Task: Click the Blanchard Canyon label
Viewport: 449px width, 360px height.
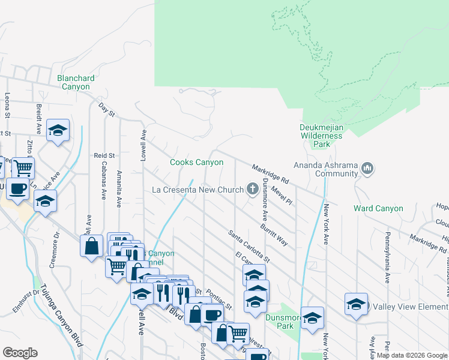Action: click(x=76, y=82)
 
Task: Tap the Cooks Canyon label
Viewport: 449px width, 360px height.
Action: click(x=196, y=162)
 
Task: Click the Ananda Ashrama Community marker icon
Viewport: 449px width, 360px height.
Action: click(x=368, y=170)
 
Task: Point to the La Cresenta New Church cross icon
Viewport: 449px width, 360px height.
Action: click(x=253, y=190)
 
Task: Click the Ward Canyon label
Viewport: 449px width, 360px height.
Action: click(x=378, y=209)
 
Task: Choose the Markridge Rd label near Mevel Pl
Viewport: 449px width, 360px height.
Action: click(x=271, y=174)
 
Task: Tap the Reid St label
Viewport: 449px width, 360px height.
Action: click(x=104, y=155)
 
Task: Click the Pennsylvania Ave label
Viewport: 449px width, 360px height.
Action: click(x=388, y=251)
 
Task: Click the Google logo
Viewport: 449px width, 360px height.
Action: click(x=20, y=353)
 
